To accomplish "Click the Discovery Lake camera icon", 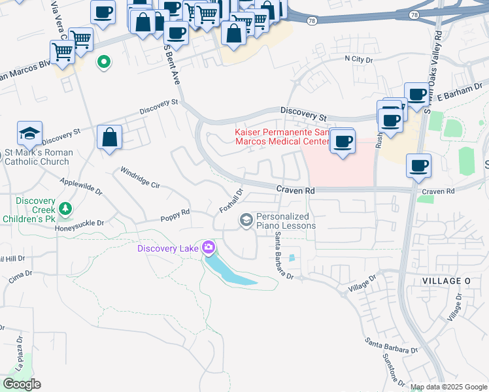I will point(209,247).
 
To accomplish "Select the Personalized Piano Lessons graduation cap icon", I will point(246,220).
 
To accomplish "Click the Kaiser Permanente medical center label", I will point(281,137).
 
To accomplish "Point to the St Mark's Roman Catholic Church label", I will point(37,157).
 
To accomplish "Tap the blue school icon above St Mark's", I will point(30,135).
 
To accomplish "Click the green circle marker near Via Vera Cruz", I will point(103,63).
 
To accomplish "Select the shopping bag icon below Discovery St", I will point(110,138).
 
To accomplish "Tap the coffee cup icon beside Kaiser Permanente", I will point(341,141).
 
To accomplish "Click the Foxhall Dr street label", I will point(231,200).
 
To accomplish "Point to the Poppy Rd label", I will point(176,212).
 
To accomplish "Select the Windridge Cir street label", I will point(140,177).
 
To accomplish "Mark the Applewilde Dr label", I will point(81,187).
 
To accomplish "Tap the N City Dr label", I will point(358,59).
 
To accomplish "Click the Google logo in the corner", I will point(22,384).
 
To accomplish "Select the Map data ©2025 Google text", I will point(448,387).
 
